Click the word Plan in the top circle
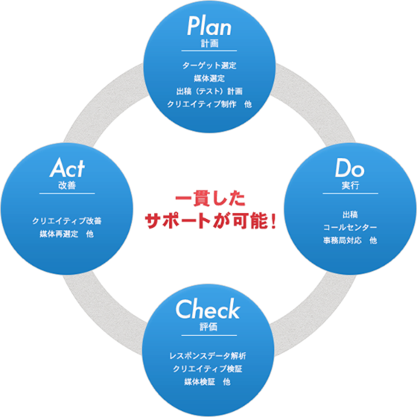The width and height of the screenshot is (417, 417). click(209, 26)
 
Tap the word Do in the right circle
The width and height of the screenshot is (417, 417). click(349, 168)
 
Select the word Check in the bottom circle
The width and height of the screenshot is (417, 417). click(208, 308)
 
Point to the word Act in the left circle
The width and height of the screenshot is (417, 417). click(67, 168)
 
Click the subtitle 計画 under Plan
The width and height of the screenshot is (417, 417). click(209, 43)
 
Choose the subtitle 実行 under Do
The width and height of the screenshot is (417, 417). click(350, 185)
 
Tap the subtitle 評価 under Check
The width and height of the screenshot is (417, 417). click(208, 327)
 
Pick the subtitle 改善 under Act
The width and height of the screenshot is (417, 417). click(67, 185)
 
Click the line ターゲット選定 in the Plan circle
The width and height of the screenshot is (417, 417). click(209, 66)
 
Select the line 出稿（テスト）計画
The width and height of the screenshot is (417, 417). click(209, 91)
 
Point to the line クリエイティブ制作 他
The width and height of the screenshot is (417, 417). click(209, 104)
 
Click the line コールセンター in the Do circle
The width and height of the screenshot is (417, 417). click(350, 227)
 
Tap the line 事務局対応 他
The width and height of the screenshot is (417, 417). click(350, 241)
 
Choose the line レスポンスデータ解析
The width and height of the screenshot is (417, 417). click(208, 356)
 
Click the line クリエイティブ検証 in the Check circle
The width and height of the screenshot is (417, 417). click(208, 369)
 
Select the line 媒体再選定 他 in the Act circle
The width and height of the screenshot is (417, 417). click(67, 234)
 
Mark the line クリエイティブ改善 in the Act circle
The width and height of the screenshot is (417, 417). click(67, 220)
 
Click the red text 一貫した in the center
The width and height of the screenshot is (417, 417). click(210, 198)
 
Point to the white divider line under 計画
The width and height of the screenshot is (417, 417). click(209, 51)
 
